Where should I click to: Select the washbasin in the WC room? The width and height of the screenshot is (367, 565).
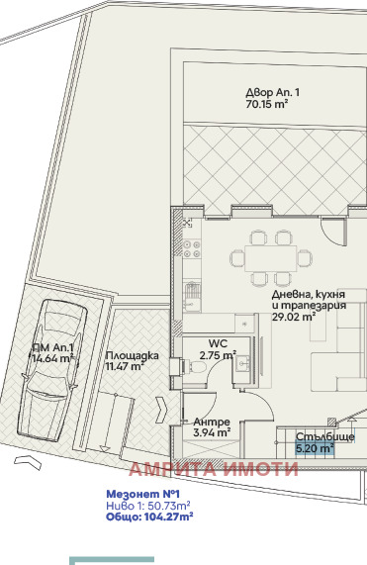(x=241, y=365)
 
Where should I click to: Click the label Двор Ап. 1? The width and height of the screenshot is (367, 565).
(x=272, y=92)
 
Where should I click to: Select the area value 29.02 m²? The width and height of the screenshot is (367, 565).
(x=294, y=318)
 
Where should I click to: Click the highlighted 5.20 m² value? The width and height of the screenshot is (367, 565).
(x=315, y=448)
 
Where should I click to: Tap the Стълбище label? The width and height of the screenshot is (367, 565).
(x=326, y=436)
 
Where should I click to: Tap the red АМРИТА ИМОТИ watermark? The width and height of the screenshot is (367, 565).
(x=212, y=469)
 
